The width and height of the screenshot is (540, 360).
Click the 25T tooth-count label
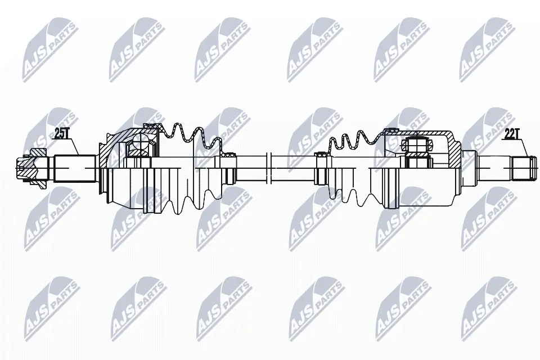(x=61, y=133)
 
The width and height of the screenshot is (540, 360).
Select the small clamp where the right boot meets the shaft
(x=319, y=166)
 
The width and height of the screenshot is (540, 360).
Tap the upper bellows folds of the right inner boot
(x=349, y=141)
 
